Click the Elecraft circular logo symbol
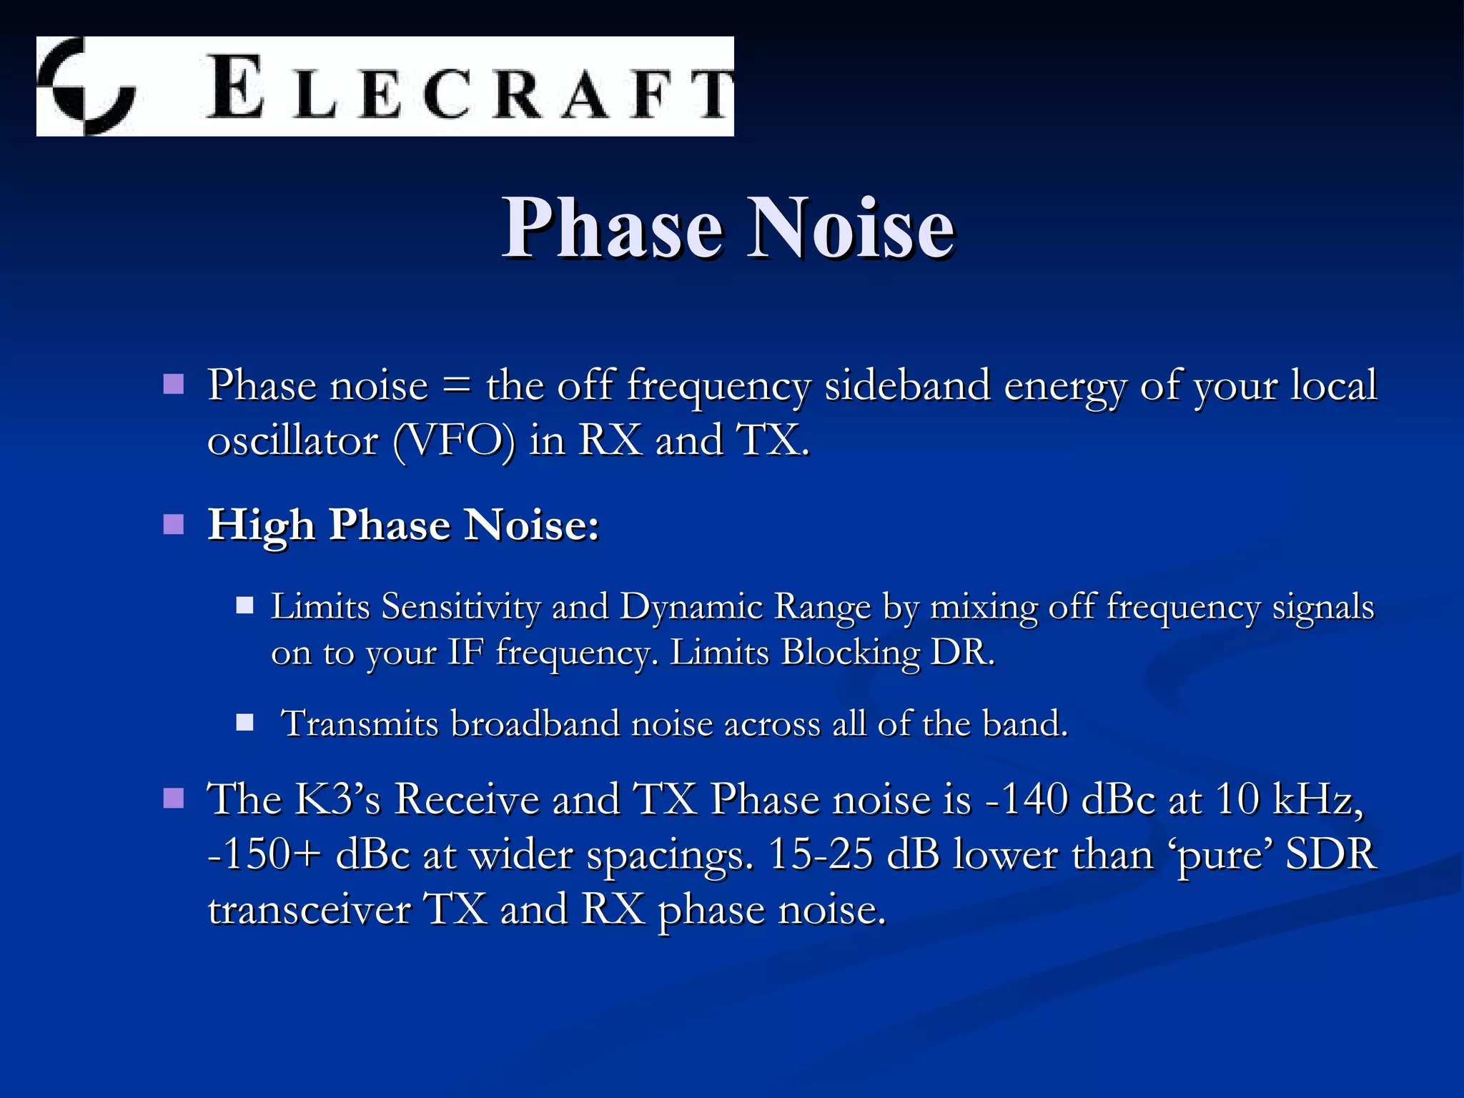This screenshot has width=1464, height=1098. pos(86,86)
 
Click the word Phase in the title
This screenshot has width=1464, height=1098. pos(612,228)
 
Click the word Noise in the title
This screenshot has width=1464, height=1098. pos(851,228)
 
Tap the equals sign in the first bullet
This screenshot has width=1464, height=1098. pos(457,387)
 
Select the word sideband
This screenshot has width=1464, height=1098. pos(907,386)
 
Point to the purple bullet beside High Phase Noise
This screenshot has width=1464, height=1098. pos(174,525)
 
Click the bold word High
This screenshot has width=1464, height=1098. pos(261,525)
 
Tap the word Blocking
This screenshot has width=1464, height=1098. pos(850,653)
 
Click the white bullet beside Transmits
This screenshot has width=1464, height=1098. pos(245,723)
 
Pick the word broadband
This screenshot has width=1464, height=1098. pos(535,723)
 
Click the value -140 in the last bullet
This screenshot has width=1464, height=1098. pos(1027,799)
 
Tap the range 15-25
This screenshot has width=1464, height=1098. pos(820,855)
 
